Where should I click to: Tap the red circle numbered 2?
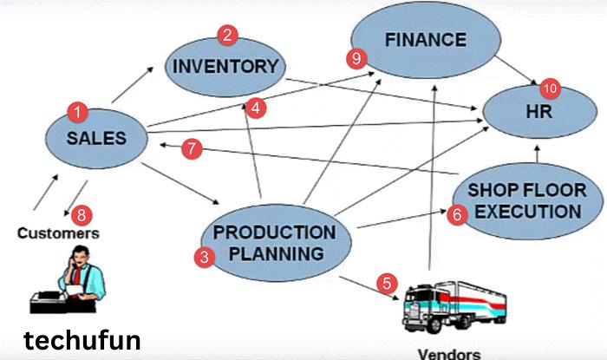(x=228, y=36)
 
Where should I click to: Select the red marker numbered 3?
(x=205, y=257)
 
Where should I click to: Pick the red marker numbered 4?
(x=255, y=108)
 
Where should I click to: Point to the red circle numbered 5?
(x=387, y=283)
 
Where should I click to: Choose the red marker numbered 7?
(x=193, y=148)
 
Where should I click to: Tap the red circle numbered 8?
(x=82, y=213)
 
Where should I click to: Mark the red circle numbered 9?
(x=353, y=59)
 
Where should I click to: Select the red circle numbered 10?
(x=550, y=88)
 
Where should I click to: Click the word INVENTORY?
(x=225, y=66)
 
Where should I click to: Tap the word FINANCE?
(x=426, y=39)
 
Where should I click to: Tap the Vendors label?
(x=448, y=352)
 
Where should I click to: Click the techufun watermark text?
(x=82, y=339)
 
